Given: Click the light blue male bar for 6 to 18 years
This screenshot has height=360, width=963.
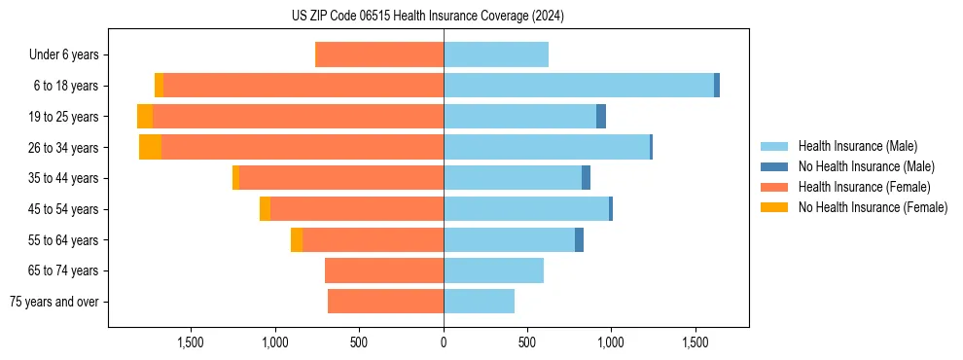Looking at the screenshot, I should click(578, 86).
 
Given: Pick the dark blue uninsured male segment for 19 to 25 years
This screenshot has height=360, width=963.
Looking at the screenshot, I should click(601, 117).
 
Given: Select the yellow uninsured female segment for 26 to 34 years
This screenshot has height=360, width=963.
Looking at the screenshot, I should click(150, 147).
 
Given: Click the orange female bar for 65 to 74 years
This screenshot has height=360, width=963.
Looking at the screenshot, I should click(383, 270).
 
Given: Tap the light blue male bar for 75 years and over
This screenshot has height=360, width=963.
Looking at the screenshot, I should click(479, 302).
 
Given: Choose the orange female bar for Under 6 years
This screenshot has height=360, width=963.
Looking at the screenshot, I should click(379, 54).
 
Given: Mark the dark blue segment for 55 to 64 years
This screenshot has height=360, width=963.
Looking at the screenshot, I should click(579, 239).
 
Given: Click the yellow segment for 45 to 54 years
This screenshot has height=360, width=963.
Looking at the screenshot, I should click(265, 209).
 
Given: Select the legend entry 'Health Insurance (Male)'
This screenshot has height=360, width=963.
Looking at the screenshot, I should click(857, 146).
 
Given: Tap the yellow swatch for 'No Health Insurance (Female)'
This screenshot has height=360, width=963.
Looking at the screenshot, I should click(775, 207).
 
